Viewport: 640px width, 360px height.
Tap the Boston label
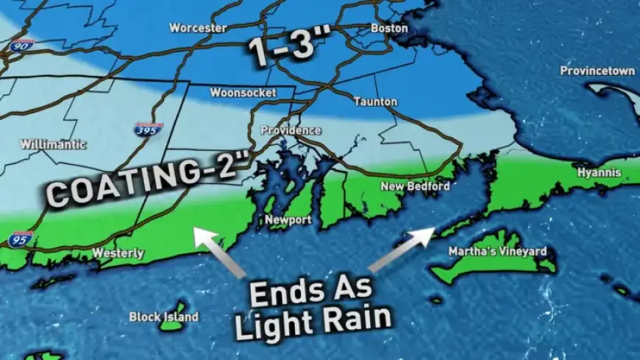pos(389,28)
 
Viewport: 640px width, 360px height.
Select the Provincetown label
pos(597,71)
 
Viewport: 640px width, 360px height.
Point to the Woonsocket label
pos(243,93)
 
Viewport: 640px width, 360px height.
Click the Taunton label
pos(375,102)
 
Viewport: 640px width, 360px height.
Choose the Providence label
pos(291,130)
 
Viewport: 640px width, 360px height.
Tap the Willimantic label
pos(54,144)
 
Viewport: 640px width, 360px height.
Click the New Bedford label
pos(415,186)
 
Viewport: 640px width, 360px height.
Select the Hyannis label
pos(599,173)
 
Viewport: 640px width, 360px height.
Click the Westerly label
pos(118,253)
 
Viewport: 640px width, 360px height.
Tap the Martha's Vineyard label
pos(498,252)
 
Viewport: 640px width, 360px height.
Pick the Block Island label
pos(163,317)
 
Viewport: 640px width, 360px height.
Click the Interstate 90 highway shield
pos(21,45)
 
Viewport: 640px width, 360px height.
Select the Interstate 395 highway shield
pos(148,130)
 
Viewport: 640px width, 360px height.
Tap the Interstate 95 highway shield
pos(20,239)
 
